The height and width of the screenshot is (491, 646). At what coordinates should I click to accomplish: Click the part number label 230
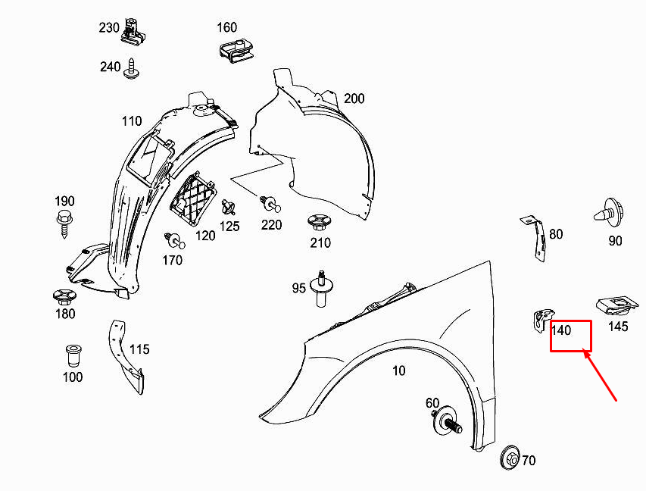pyautogui.click(x=109, y=28)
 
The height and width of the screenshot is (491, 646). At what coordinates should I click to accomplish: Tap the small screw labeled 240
pyautogui.click(x=133, y=67)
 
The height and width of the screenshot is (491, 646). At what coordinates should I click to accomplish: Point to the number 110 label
pyautogui.click(x=132, y=121)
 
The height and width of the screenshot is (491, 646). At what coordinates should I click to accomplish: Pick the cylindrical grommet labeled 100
pyautogui.click(x=73, y=355)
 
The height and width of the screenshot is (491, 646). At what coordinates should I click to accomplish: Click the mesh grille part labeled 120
pyautogui.click(x=191, y=199)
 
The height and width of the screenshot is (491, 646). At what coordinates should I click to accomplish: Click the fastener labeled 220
pyautogui.click(x=270, y=203)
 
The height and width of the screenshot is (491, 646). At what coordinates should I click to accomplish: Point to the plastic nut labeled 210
pyautogui.click(x=319, y=223)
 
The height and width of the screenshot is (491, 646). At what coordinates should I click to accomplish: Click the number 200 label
pyautogui.click(x=354, y=99)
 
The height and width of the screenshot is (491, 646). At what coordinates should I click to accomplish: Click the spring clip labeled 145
pyautogui.click(x=616, y=306)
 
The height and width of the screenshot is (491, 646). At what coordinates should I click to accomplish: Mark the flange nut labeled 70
pyautogui.click(x=511, y=458)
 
